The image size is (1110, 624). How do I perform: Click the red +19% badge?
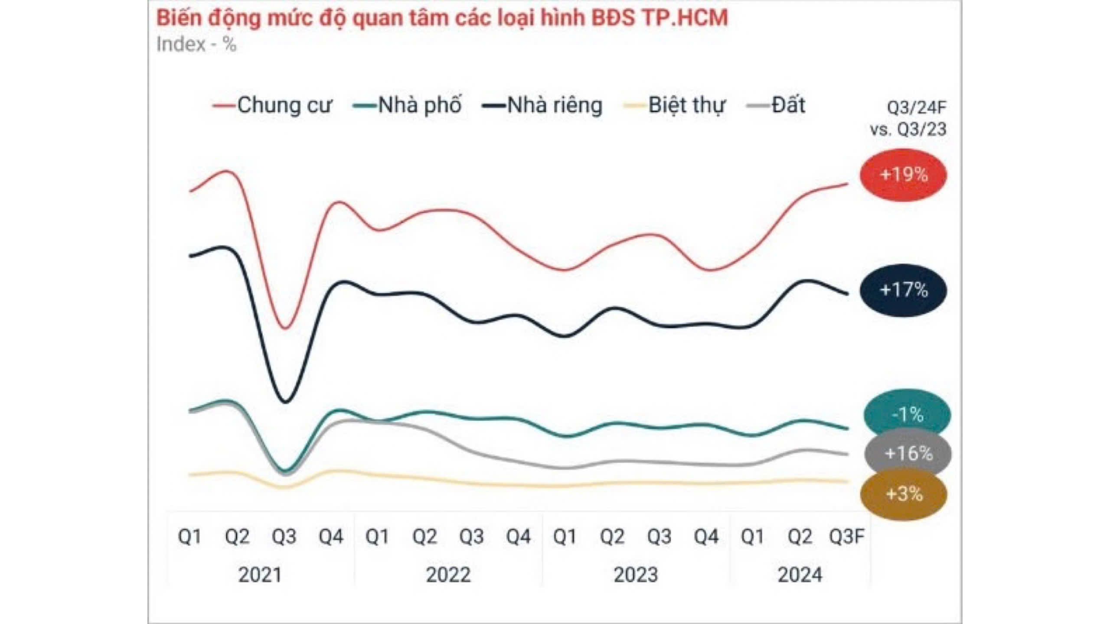tap(904, 175)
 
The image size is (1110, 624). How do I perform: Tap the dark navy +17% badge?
tap(904, 289)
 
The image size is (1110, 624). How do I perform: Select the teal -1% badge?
tap(907, 415)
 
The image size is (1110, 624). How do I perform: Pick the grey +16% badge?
tap(908, 453)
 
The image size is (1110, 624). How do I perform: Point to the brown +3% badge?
tap(904, 494)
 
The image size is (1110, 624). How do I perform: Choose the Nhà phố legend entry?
tap(407, 105)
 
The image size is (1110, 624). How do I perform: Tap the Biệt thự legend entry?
tap(674, 105)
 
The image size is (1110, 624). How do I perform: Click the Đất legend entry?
tap(776, 105)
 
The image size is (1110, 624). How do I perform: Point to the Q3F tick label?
tap(846, 537)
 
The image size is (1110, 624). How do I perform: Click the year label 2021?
tap(260, 575)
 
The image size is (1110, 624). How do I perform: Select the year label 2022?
tap(448, 575)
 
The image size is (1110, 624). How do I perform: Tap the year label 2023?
tap(636, 575)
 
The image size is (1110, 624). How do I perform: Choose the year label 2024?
tap(800, 575)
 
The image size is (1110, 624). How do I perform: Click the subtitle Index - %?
tap(196, 45)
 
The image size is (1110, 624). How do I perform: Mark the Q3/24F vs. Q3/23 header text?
tap(908, 118)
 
